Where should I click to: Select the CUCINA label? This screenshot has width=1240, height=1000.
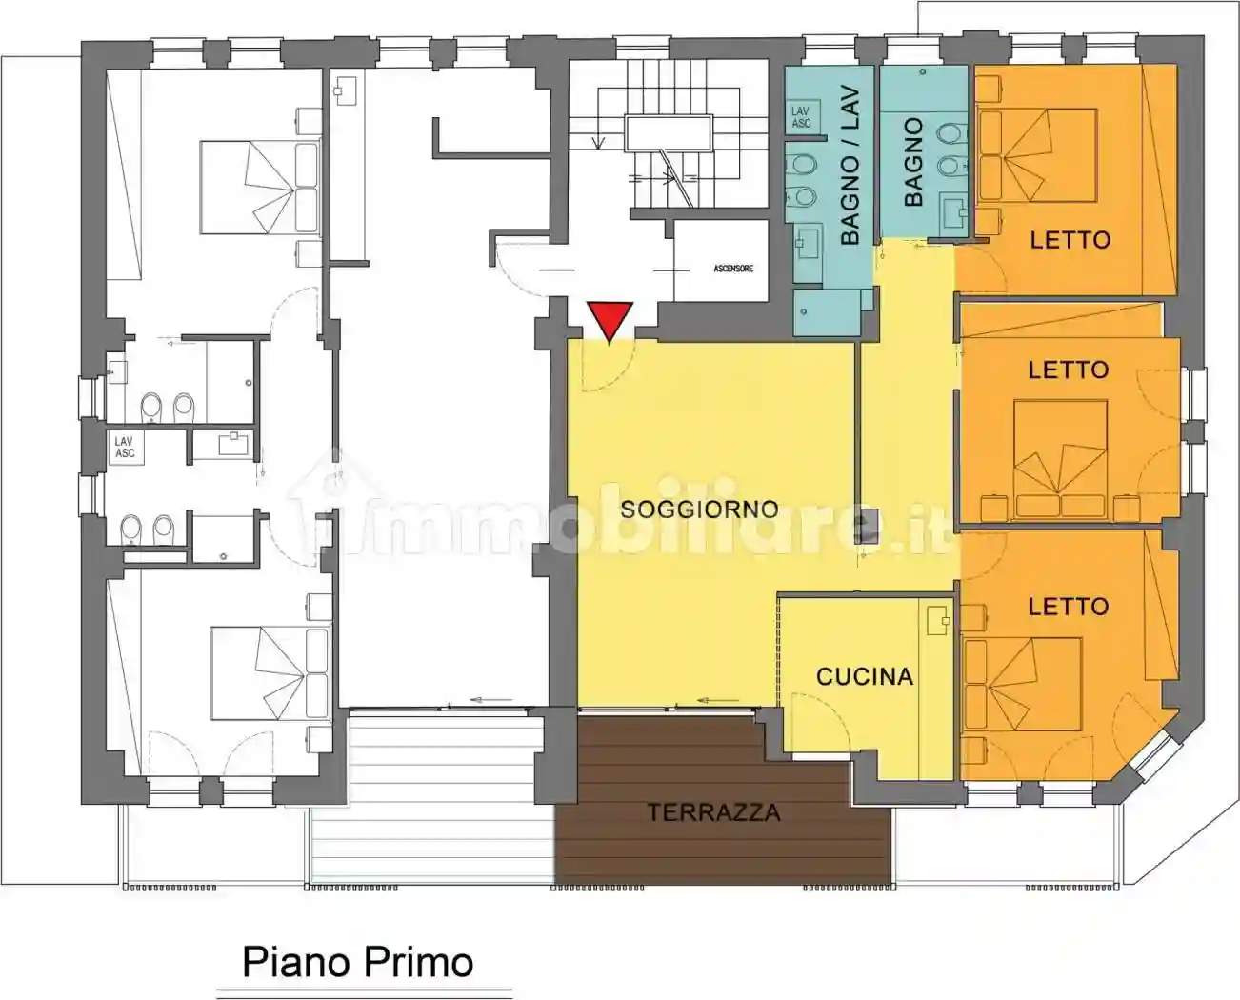point(864,676)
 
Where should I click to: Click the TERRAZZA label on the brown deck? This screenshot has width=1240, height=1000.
point(713,812)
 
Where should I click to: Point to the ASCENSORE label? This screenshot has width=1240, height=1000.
point(733,269)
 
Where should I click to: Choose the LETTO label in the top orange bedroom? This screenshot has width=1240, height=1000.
point(1070,239)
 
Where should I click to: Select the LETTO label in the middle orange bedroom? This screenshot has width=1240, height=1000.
point(1068,370)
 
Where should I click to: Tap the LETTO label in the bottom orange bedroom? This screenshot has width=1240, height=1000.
point(1068,607)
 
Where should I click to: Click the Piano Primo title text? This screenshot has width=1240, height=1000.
point(358,962)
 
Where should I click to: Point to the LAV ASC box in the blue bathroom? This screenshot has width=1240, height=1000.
point(801,117)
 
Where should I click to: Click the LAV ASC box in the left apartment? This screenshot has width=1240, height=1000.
point(125,448)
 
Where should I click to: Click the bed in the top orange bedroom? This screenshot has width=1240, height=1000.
point(1038,156)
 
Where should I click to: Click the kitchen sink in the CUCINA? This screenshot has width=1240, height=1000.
point(937,619)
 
